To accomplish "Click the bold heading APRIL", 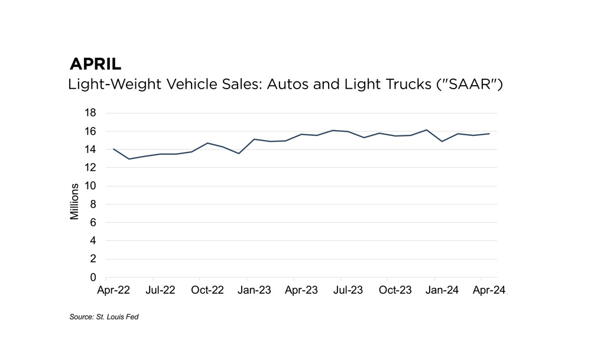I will pyautogui.click(x=95, y=64).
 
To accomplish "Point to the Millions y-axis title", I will pyautogui.click(x=74, y=202).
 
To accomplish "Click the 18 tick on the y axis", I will pyautogui.click(x=91, y=113).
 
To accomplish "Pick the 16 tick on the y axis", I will pyautogui.click(x=91, y=131).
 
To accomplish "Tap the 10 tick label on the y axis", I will pyautogui.click(x=91, y=186).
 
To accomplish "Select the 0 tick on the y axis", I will pyautogui.click(x=93, y=277).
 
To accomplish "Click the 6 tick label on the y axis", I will pyautogui.click(x=93, y=223).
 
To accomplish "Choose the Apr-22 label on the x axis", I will pyautogui.click(x=113, y=290).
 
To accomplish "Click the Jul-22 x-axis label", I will pyautogui.click(x=160, y=290).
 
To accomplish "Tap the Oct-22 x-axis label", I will pyautogui.click(x=207, y=290).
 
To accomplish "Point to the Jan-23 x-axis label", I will pyautogui.click(x=254, y=290).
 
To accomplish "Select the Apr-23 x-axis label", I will pyautogui.click(x=301, y=290).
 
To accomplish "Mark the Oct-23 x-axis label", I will pyautogui.click(x=395, y=290).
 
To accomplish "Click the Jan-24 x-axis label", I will pyautogui.click(x=442, y=290).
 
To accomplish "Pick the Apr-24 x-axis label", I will pyautogui.click(x=489, y=290).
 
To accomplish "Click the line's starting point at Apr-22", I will pyautogui.click(x=113, y=149).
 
